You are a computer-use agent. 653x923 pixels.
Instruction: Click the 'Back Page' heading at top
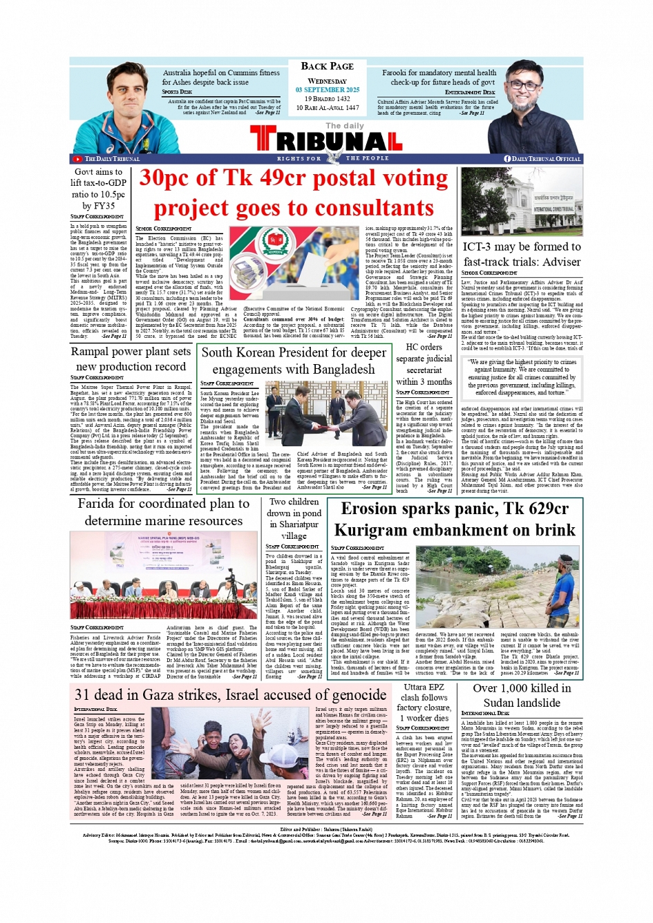click(x=327, y=66)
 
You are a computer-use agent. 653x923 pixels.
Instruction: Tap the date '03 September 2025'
click(x=327, y=90)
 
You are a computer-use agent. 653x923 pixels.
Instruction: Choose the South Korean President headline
click(x=294, y=361)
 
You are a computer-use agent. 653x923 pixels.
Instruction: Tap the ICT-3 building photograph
click(x=522, y=202)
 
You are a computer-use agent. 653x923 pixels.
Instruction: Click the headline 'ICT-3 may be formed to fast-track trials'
click(x=522, y=254)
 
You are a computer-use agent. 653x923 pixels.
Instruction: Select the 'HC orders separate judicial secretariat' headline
click(x=424, y=364)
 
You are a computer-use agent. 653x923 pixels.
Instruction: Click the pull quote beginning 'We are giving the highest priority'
click(x=522, y=377)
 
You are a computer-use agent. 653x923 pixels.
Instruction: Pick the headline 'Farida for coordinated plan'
click(x=164, y=512)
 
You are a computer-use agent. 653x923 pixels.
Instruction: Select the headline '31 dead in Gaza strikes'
click(x=230, y=695)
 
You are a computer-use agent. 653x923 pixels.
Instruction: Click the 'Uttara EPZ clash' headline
click(x=424, y=702)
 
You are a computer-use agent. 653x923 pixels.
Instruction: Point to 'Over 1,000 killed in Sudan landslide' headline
click(x=522, y=696)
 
